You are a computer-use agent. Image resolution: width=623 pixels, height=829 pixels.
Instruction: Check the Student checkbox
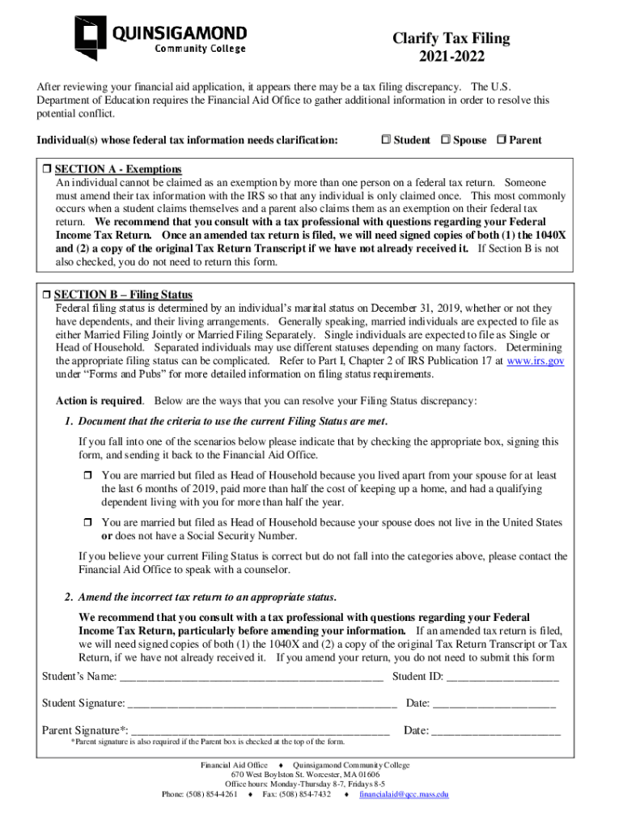(x=385, y=140)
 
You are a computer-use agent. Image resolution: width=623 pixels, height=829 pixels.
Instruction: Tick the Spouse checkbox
(x=445, y=140)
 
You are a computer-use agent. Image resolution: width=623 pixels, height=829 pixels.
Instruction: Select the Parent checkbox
(x=502, y=140)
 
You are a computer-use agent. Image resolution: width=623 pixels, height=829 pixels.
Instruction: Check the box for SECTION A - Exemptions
(x=46, y=169)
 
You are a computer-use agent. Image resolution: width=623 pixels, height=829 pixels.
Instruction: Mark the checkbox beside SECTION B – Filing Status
(x=46, y=295)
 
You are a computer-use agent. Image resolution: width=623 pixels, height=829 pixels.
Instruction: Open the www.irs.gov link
(x=535, y=361)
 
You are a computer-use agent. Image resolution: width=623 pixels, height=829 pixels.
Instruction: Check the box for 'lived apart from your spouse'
(x=90, y=477)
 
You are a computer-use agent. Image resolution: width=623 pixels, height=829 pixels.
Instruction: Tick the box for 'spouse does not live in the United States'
(x=90, y=523)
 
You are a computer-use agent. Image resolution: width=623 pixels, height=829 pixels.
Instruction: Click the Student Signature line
(x=262, y=704)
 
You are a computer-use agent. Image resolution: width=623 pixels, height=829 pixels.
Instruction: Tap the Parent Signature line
(x=261, y=732)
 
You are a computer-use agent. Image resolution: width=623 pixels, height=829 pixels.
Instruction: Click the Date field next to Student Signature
(x=494, y=704)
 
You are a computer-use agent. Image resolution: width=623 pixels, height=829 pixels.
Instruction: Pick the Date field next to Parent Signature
(x=496, y=732)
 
